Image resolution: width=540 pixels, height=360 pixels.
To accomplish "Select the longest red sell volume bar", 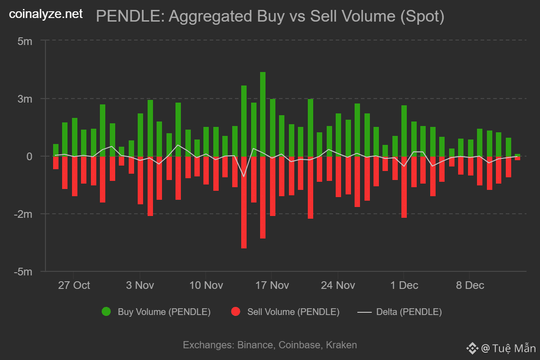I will tap(244, 202).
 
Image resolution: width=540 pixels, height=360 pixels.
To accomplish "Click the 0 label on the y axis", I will tap(29, 156).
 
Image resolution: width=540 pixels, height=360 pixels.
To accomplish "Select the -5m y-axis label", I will tap(22, 272).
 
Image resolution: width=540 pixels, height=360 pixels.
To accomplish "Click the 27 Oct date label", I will tap(74, 285).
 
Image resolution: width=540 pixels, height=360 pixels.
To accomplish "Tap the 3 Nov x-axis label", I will tap(140, 285).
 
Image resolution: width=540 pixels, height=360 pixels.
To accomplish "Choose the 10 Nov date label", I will tap(206, 285).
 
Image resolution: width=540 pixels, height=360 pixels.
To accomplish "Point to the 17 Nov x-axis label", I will tap(272, 285).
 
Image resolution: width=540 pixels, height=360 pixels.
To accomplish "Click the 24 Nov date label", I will tap(338, 285).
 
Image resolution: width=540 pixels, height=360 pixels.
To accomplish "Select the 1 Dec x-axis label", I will tap(404, 285).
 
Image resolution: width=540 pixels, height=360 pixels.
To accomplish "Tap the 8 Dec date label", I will tap(470, 285).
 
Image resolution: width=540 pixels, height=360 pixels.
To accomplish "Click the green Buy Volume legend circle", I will tap(106, 312).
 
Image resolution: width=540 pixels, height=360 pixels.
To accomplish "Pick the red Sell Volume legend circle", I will tap(235, 312).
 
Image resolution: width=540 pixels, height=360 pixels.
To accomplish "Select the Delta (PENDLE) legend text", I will tap(409, 312).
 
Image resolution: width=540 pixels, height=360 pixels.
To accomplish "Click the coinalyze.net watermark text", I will tap(46, 14).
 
